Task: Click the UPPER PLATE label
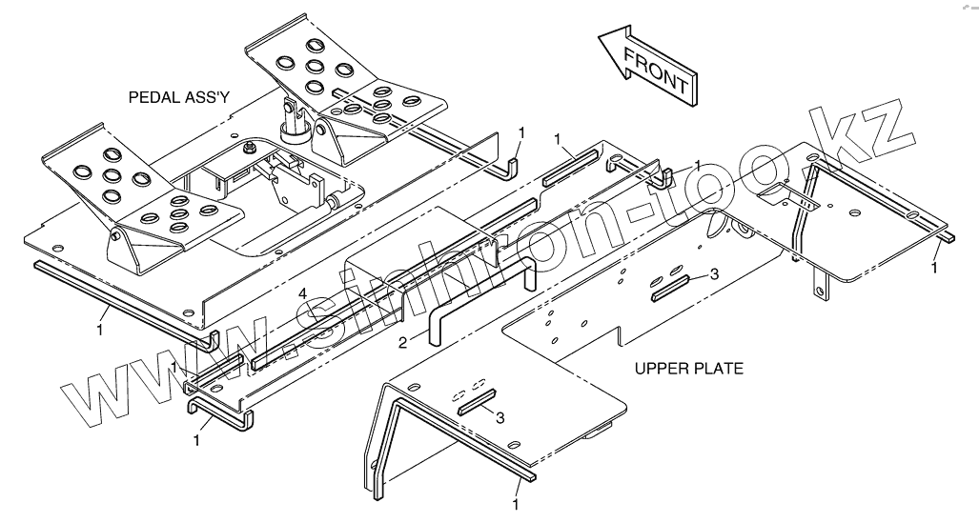point(689,367)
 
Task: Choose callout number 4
point(302,293)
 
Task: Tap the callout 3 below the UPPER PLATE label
point(500,416)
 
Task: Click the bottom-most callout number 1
point(516,503)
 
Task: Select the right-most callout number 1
point(935,269)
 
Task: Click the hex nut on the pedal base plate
point(247,148)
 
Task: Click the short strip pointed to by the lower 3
point(477,403)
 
